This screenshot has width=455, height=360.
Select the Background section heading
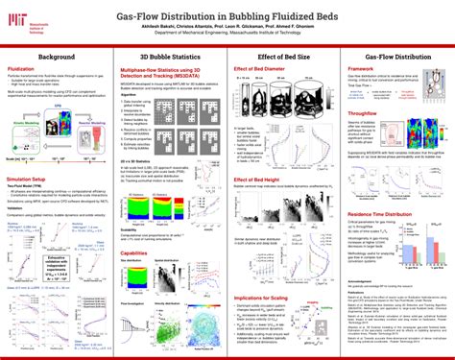57,58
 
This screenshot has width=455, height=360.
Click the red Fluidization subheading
24,69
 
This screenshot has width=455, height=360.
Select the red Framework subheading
360,69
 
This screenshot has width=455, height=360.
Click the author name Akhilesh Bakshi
188,25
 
